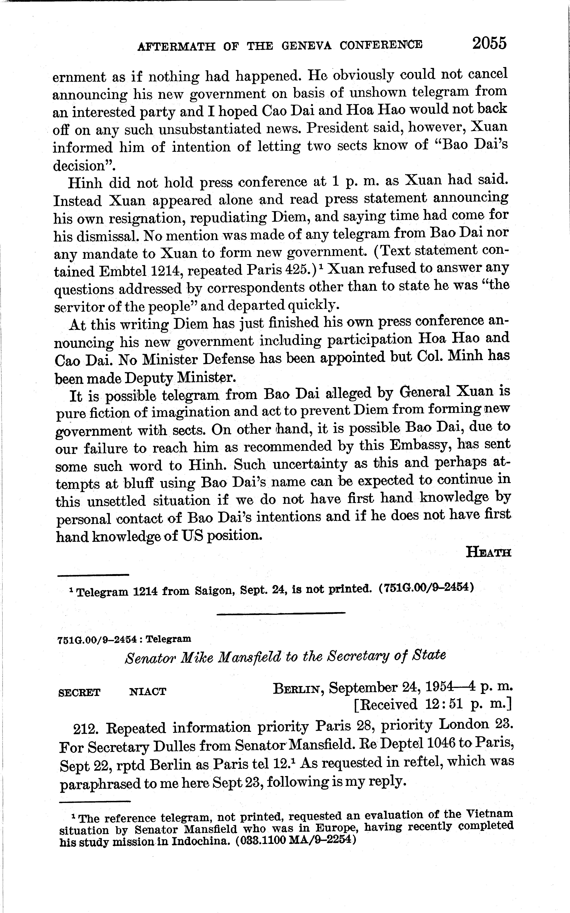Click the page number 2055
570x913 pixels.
pos(489,44)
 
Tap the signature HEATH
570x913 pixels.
pos(489,552)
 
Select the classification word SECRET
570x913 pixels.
pos(80,692)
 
